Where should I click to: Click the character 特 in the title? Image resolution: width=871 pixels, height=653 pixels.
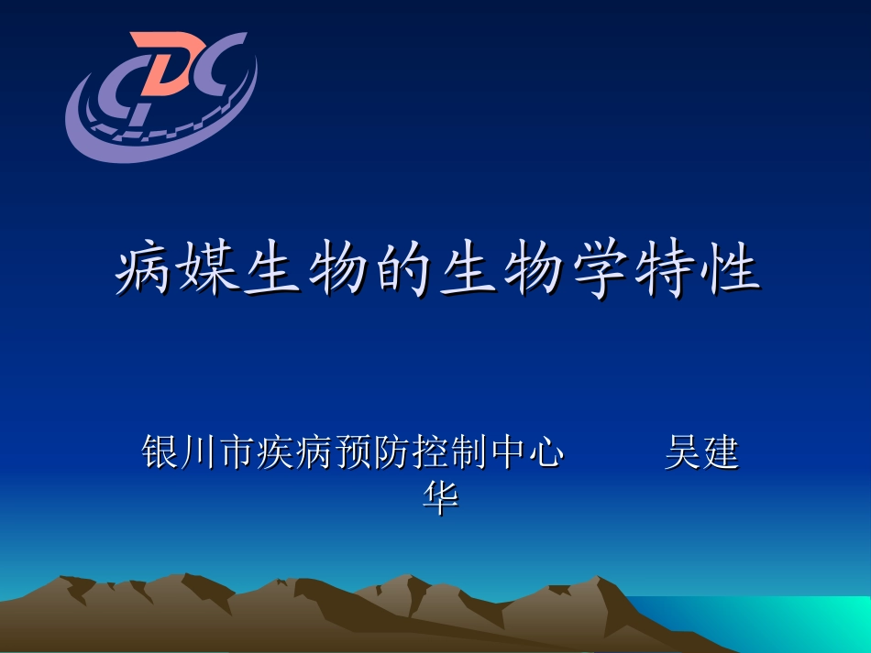pyautogui.click(x=666, y=270)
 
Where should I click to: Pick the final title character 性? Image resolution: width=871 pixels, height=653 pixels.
pyautogui.click(x=731, y=270)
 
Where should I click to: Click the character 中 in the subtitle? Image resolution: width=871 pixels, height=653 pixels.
pyautogui.click(x=508, y=452)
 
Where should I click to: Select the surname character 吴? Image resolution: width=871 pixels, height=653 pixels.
pyautogui.click(x=682, y=452)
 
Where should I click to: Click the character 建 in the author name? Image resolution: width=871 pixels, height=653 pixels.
pyautogui.click(x=721, y=452)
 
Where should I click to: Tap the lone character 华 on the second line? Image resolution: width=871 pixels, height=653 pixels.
pyautogui.click(x=439, y=497)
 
